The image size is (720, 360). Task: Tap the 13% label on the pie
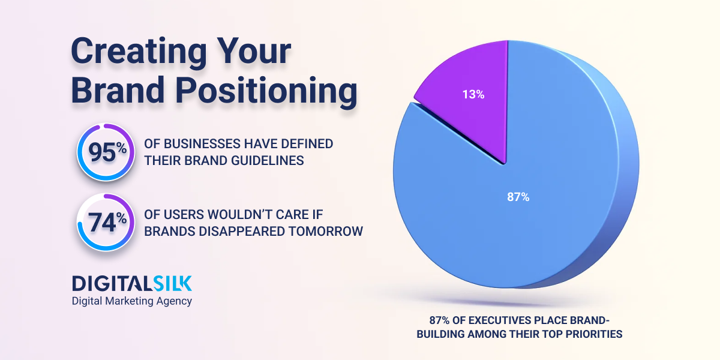tap(473, 94)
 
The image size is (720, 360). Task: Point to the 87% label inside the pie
tap(518, 197)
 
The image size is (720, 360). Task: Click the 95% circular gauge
tap(104, 152)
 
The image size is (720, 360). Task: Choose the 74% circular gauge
tap(104, 222)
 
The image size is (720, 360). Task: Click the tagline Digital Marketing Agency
tap(132, 301)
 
